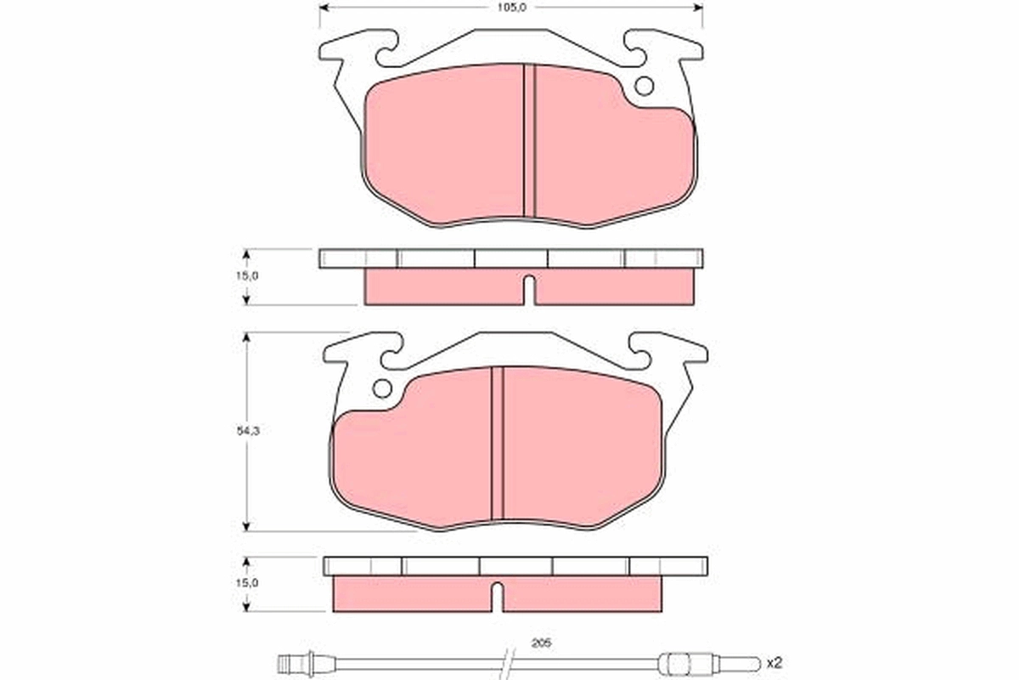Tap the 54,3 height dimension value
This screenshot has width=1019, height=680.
click(247, 432)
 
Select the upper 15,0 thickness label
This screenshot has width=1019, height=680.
click(247, 276)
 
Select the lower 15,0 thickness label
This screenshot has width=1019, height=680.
click(247, 583)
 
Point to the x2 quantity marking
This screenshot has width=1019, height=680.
click(773, 661)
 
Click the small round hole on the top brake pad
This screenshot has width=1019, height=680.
click(644, 86)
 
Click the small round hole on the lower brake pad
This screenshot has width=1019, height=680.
click(382, 388)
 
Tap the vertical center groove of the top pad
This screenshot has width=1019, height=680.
click(529, 140)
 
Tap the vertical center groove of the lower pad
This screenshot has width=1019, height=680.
click(498, 442)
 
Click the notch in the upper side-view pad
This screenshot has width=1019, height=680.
click(528, 289)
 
